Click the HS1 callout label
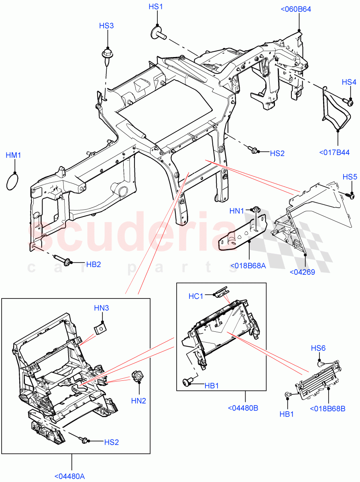click(156, 7)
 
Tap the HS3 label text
click(107, 26)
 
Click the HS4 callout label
click(349, 82)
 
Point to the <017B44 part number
click(334, 152)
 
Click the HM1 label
click(13, 155)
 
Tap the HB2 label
click(94, 264)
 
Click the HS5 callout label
click(350, 177)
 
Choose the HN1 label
click(237, 210)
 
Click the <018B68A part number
click(248, 266)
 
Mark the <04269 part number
click(302, 272)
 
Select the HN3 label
click(102, 308)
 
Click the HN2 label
click(139, 400)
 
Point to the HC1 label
click(196, 296)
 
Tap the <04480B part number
click(243, 408)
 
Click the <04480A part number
click(70, 476)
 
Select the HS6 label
click(318, 348)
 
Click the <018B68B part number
click(327, 409)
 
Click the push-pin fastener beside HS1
click(158, 35)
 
